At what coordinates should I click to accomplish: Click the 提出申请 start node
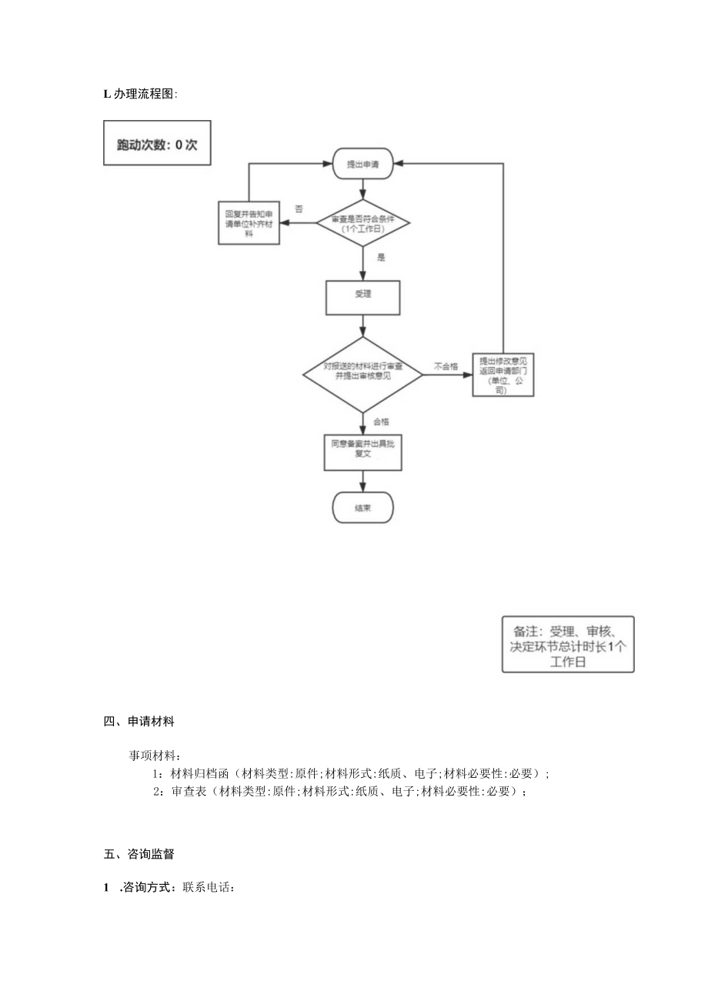tap(363, 164)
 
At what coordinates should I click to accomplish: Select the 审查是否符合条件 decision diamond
tap(363, 224)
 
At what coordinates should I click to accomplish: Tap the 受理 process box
tap(363, 298)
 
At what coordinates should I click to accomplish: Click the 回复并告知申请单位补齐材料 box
tap(249, 223)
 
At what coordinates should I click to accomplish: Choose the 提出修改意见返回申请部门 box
tap(503, 375)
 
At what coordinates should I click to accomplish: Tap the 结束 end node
tap(362, 508)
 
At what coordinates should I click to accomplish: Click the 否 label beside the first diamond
tap(299, 209)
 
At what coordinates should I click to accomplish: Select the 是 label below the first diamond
tap(380, 258)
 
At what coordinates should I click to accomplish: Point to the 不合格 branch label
tap(446, 367)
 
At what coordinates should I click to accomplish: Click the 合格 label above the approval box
tap(381, 422)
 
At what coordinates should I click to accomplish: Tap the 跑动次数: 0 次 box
tap(157, 142)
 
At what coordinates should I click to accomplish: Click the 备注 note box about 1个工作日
tap(568, 644)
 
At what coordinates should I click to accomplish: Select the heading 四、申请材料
tap(139, 722)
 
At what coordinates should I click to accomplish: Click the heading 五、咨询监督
tap(139, 853)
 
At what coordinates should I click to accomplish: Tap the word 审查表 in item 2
tap(189, 791)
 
